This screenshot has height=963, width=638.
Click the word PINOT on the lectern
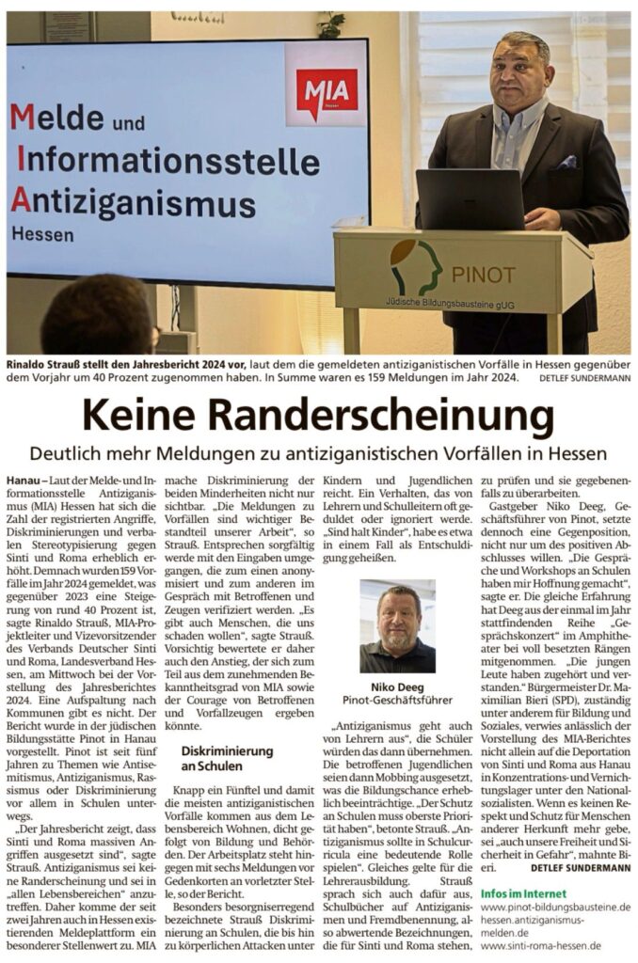[x=484, y=275]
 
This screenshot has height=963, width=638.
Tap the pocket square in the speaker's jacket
[x=566, y=162]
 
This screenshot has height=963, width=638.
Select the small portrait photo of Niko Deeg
[x=396, y=625]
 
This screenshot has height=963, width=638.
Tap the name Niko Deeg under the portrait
[x=397, y=687]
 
